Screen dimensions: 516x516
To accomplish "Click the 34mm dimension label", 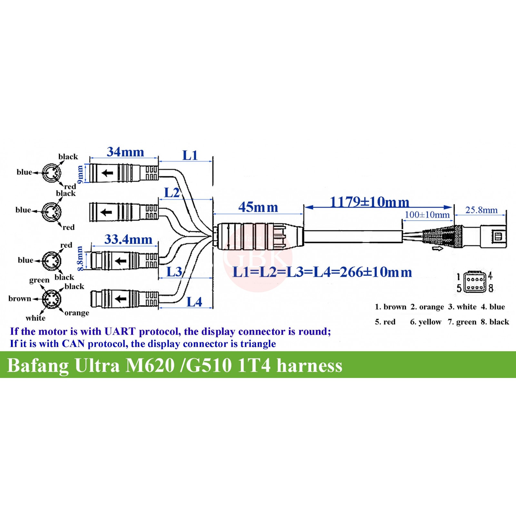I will pyautogui.click(x=125, y=152).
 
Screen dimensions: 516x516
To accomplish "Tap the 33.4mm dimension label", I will pyautogui.click(x=128, y=240).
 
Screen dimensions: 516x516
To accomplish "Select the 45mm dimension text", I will pyautogui.click(x=258, y=207).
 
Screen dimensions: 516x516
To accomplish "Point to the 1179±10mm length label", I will pyautogui.click(x=370, y=202).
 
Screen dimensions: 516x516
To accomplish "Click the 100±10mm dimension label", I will pyautogui.click(x=427, y=215).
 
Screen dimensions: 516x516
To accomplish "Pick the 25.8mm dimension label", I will pyautogui.click(x=481, y=210).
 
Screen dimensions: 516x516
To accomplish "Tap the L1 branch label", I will pyautogui.click(x=190, y=155).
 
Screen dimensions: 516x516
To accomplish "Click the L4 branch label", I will pyautogui.click(x=194, y=302).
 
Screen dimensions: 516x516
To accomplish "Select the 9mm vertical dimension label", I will pyautogui.click(x=80, y=175).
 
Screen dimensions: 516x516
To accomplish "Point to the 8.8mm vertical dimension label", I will pyautogui.click(x=80, y=259).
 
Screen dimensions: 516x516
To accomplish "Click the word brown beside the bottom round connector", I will pyautogui.click(x=20, y=299).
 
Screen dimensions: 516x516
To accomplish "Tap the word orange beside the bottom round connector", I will pyautogui.click(x=77, y=313).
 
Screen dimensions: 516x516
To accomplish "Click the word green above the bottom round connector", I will pyautogui.click(x=39, y=280).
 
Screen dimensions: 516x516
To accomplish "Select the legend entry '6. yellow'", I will pyautogui.click(x=425, y=322).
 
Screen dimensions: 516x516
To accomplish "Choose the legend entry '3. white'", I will pyautogui.click(x=462, y=307).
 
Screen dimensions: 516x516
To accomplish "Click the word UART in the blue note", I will pyautogui.click(x=120, y=332).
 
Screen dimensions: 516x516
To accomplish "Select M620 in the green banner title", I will pyautogui.click(x=150, y=366).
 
